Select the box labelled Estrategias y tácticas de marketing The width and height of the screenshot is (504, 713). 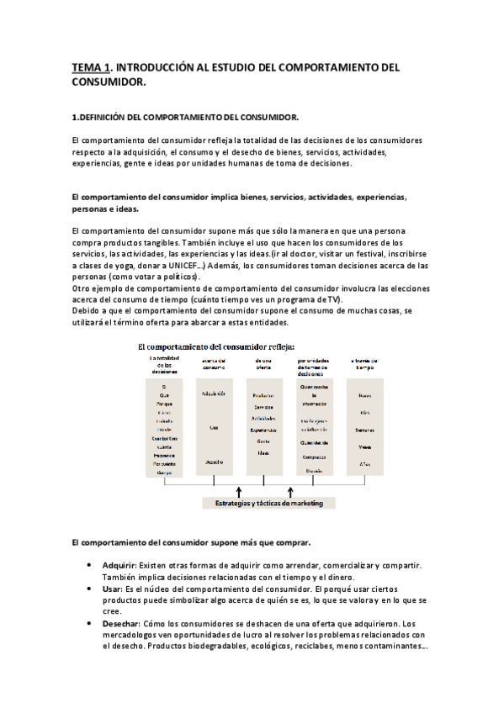[268, 504]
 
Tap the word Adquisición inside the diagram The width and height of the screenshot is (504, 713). [214, 394]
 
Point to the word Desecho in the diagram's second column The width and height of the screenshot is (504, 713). [214, 462]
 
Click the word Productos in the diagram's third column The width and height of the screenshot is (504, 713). [265, 394]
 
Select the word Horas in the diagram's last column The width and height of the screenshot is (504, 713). [365, 394]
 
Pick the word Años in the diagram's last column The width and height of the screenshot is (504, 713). [365, 463]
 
